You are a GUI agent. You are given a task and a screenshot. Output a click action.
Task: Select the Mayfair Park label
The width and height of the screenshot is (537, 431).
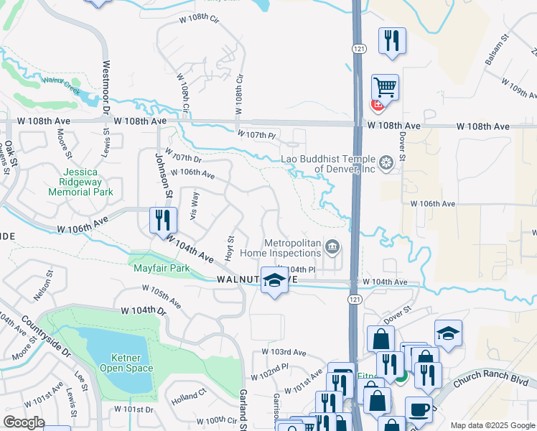pyautogui.click(x=162, y=269)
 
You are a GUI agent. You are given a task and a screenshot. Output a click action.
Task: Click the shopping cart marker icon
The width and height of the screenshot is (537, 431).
pyautogui.click(x=386, y=88)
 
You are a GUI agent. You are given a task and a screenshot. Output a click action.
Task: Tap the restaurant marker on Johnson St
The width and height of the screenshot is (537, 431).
pyautogui.click(x=163, y=220)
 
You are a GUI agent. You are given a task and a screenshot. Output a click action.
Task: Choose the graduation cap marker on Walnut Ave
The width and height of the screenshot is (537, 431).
pyautogui.click(x=274, y=280)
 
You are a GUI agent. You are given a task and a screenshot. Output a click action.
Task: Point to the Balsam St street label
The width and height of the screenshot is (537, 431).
pyautogui.click(x=496, y=50)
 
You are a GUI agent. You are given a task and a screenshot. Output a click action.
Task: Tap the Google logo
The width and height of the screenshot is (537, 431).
pyautogui.click(x=24, y=422)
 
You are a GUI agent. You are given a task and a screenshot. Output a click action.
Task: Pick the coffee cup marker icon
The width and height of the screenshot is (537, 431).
pyautogui.click(x=419, y=409)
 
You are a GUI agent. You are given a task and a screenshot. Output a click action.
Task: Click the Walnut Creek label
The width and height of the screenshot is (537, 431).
pyautogui.click(x=60, y=83)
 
